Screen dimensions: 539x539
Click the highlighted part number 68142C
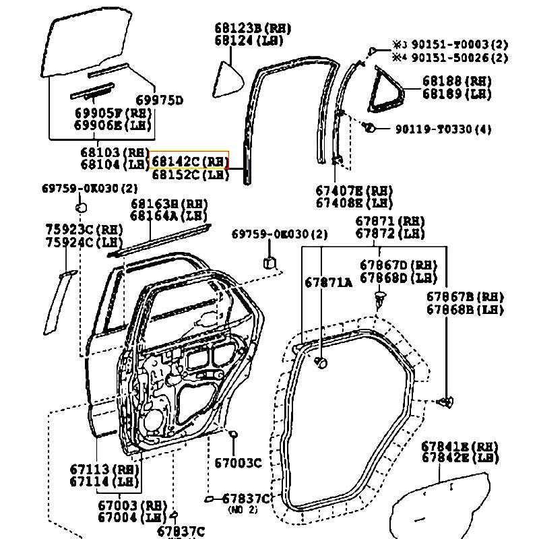(x=190, y=162)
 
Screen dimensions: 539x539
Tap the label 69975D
(x=160, y=101)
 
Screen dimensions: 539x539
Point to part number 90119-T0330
(x=443, y=129)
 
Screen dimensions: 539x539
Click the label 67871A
(x=328, y=283)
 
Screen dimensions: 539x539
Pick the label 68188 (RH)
(x=457, y=81)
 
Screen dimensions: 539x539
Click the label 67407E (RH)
(x=354, y=190)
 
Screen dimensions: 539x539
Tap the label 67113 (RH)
(x=102, y=469)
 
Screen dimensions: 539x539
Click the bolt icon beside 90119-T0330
(x=369, y=127)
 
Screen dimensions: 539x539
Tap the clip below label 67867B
(x=444, y=403)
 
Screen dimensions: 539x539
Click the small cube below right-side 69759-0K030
(x=270, y=260)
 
